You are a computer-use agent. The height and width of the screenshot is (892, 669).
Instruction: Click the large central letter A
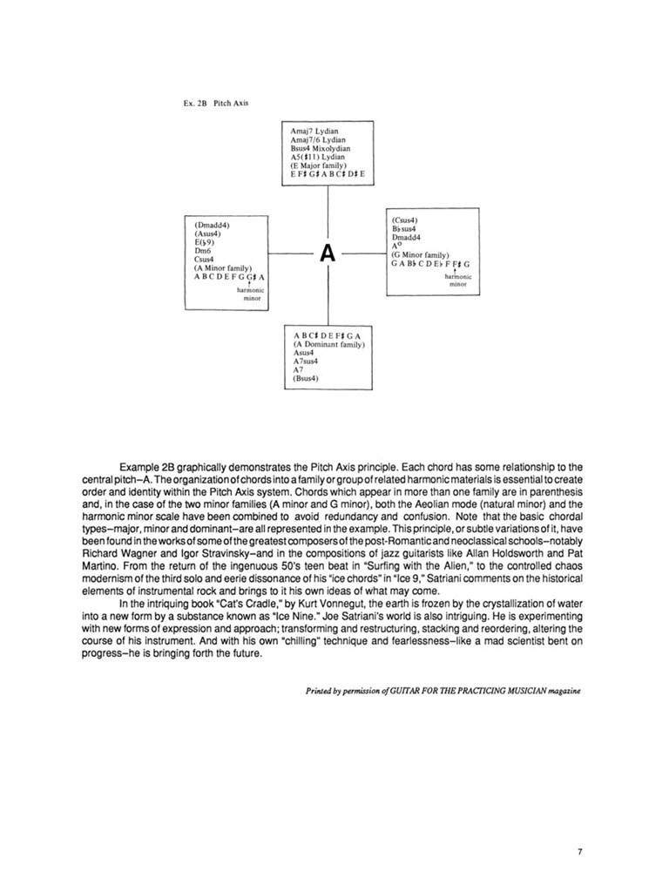coord(328,253)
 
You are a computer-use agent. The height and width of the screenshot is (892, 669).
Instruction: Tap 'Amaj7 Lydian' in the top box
coord(314,132)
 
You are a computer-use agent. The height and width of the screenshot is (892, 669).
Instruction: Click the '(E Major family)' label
coord(320,166)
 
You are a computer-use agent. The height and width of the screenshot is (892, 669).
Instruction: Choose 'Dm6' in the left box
coord(205,251)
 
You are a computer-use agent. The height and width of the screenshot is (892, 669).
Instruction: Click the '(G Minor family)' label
coord(420,254)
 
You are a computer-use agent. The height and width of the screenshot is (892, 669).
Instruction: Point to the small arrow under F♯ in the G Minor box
coord(457,271)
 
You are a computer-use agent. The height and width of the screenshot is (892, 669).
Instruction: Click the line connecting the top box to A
coord(328,209)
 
